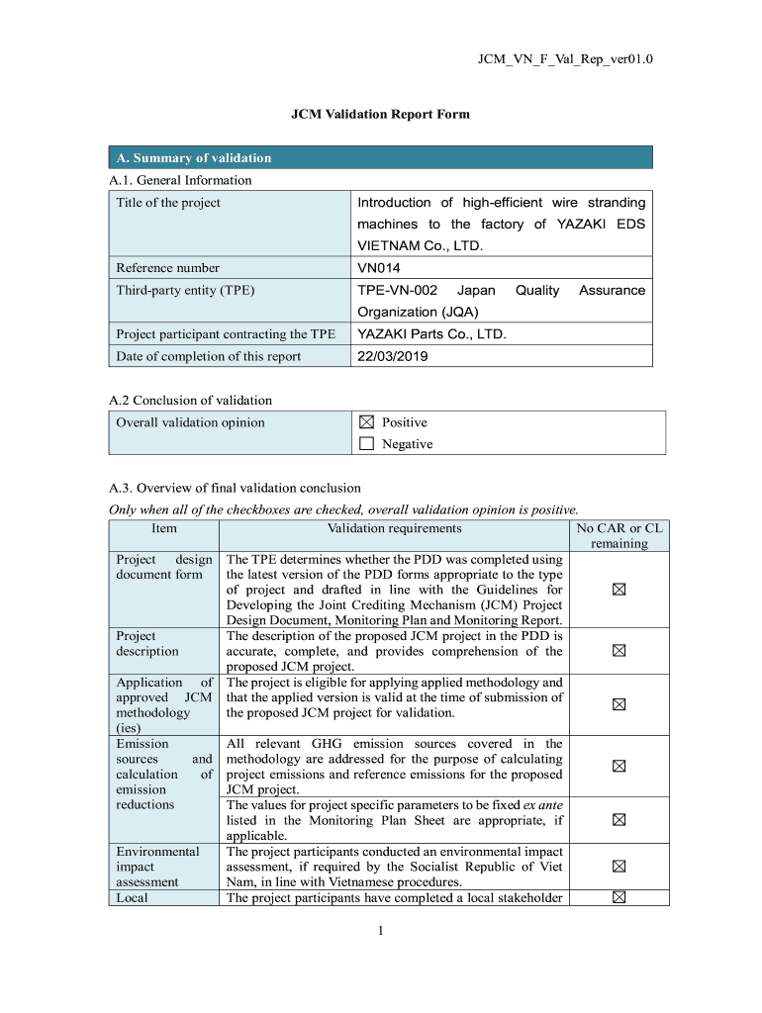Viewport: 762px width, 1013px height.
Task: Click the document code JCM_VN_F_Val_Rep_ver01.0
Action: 565,60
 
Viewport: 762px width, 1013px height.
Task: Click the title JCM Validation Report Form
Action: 380,114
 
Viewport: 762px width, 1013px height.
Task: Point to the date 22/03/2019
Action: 393,356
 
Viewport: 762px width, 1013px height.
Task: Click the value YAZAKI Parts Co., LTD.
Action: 431,334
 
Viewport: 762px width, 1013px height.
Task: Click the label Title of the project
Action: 168,203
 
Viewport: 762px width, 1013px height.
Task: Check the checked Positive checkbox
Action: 366,422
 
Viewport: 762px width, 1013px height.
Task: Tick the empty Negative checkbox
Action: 366,444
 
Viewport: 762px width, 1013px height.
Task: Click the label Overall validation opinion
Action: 190,422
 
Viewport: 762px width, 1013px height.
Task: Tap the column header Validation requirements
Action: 394,528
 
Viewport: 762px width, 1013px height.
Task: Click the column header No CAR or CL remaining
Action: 619,535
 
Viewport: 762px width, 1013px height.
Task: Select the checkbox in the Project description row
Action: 619,651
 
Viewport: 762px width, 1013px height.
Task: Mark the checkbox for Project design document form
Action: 619,590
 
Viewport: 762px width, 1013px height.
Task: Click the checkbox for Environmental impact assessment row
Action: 619,867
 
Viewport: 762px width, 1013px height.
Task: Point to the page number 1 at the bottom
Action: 380,930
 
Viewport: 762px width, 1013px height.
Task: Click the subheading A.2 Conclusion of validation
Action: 190,400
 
